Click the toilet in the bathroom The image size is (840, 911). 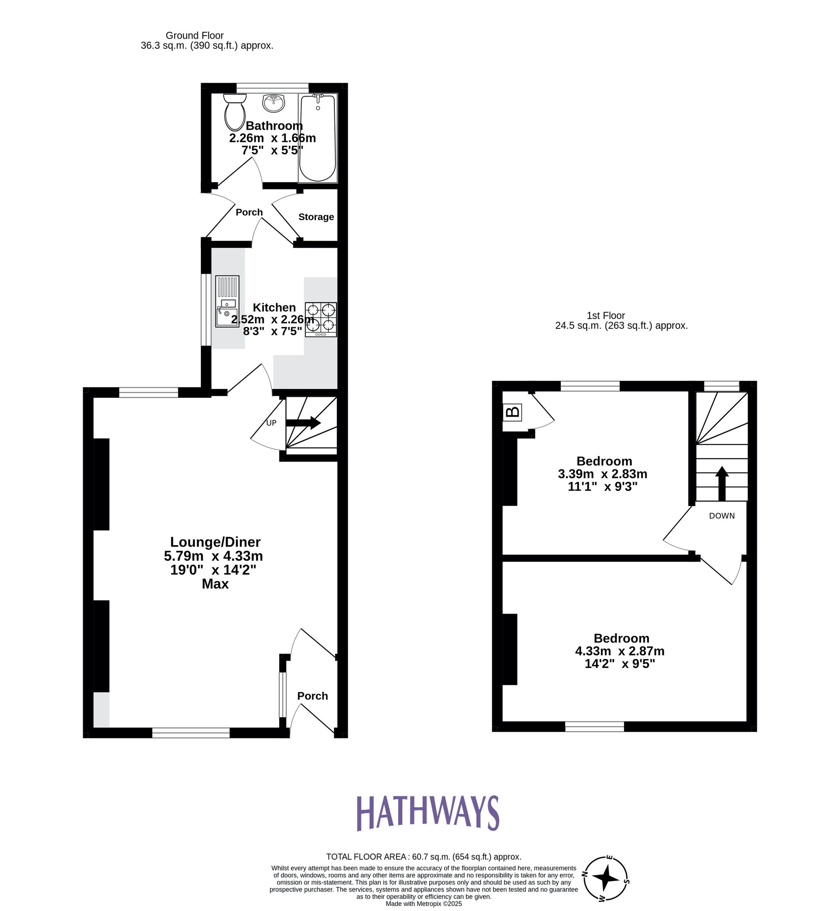pyautogui.click(x=234, y=112)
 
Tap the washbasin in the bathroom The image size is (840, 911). pyautogui.click(x=274, y=103)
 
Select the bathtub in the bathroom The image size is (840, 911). pyautogui.click(x=318, y=138)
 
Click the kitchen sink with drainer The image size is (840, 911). pyautogui.click(x=227, y=301)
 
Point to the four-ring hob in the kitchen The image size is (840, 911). pyautogui.click(x=321, y=319)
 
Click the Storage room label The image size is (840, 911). pyautogui.click(x=316, y=217)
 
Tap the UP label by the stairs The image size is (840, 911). pyautogui.click(x=271, y=423)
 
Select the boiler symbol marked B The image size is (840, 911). pyautogui.click(x=512, y=412)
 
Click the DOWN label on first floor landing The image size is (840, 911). pyautogui.click(x=722, y=515)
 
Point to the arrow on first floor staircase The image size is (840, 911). pyautogui.click(x=722, y=483)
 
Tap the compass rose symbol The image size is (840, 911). pyautogui.click(x=606, y=878)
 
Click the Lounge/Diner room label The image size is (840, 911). pyautogui.click(x=215, y=542)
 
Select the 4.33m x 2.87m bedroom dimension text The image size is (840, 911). pyautogui.click(x=619, y=651)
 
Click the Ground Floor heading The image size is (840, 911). pyautogui.click(x=194, y=35)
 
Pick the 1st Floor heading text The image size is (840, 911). pyautogui.click(x=606, y=315)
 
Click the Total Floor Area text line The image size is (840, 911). pyautogui.click(x=424, y=856)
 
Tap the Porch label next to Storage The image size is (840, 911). pyautogui.click(x=249, y=212)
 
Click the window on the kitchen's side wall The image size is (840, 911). pyautogui.click(x=205, y=310)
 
